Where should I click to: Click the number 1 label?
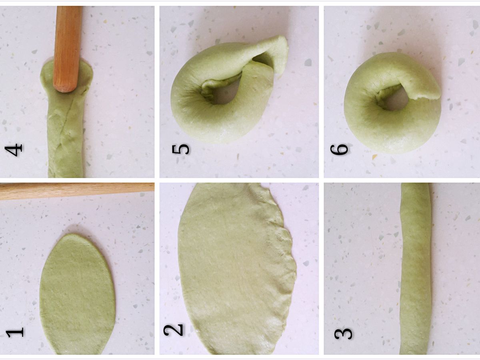pos(15,332)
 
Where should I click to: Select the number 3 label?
pos(343,333)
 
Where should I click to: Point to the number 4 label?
pos(14,150)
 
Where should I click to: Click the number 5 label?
pos(181,149)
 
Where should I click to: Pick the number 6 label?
pos(339,149)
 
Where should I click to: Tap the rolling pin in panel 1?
pos(76,191)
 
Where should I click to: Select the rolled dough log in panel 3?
pos(415,269)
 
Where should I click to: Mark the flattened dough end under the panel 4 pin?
pos(67,76)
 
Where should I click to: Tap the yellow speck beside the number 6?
pos(374,157)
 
